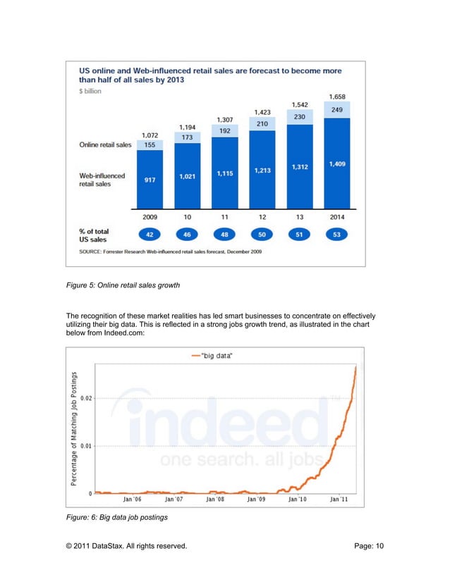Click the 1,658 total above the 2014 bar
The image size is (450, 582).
tap(338, 97)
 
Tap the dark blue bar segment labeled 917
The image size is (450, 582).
tap(150, 180)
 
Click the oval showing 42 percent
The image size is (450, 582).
tap(150, 233)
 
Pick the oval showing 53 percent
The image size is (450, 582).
tap(338, 233)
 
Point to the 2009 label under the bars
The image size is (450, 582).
tap(150, 217)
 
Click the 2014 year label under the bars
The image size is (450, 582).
tap(338, 217)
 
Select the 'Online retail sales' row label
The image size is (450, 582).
tap(104, 145)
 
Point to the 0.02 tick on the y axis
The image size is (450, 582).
tap(85, 398)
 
